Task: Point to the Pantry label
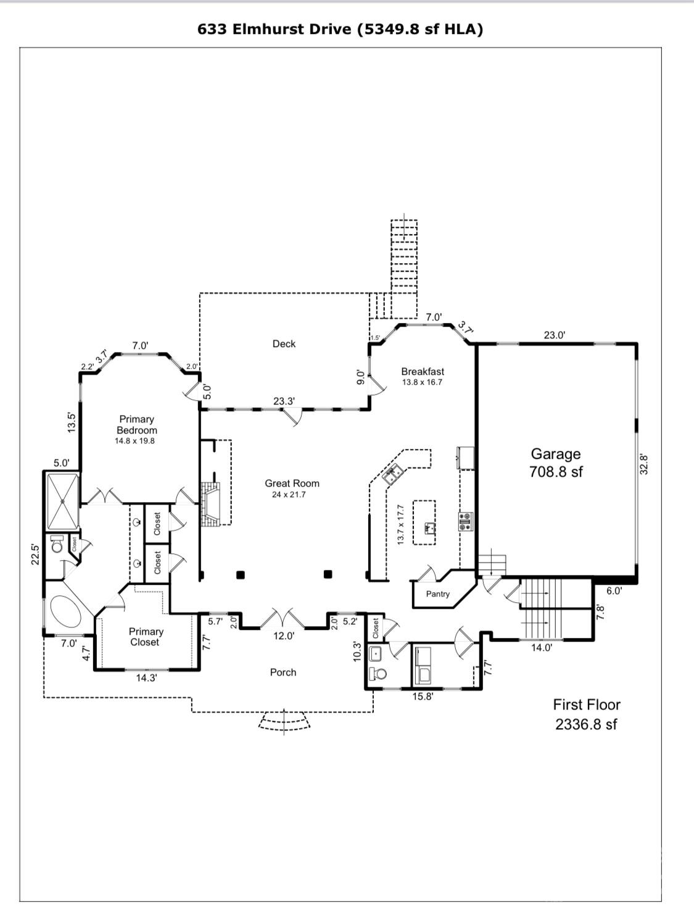tap(438, 594)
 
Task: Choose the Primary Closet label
tap(146, 637)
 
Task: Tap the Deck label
tap(284, 344)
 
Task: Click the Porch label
tap(283, 673)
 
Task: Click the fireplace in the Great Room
tap(210, 504)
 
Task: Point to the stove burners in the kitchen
tap(465, 522)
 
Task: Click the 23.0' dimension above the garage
tap(554, 335)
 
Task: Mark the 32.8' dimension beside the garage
tap(643, 464)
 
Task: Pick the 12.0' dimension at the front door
tap(284, 636)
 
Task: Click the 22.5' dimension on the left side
tap(36, 553)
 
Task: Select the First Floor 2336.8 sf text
tap(586, 715)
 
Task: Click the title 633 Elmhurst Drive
tap(340, 29)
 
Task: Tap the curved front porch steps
tap(284, 721)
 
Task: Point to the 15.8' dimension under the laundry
tap(423, 697)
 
